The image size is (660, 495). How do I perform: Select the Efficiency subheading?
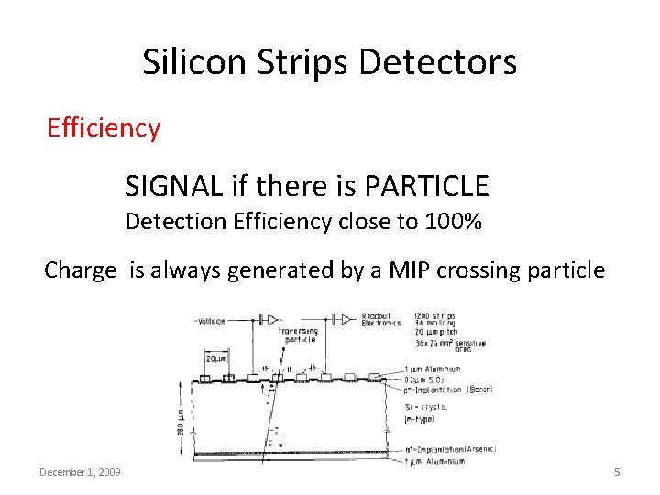tap(104, 127)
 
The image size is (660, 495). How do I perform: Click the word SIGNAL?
tap(174, 187)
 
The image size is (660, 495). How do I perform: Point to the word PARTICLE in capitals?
tap(426, 187)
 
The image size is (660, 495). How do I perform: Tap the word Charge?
tap(81, 270)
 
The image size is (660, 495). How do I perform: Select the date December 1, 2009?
tap(81, 471)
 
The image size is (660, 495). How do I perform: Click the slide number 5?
tap(617, 471)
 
